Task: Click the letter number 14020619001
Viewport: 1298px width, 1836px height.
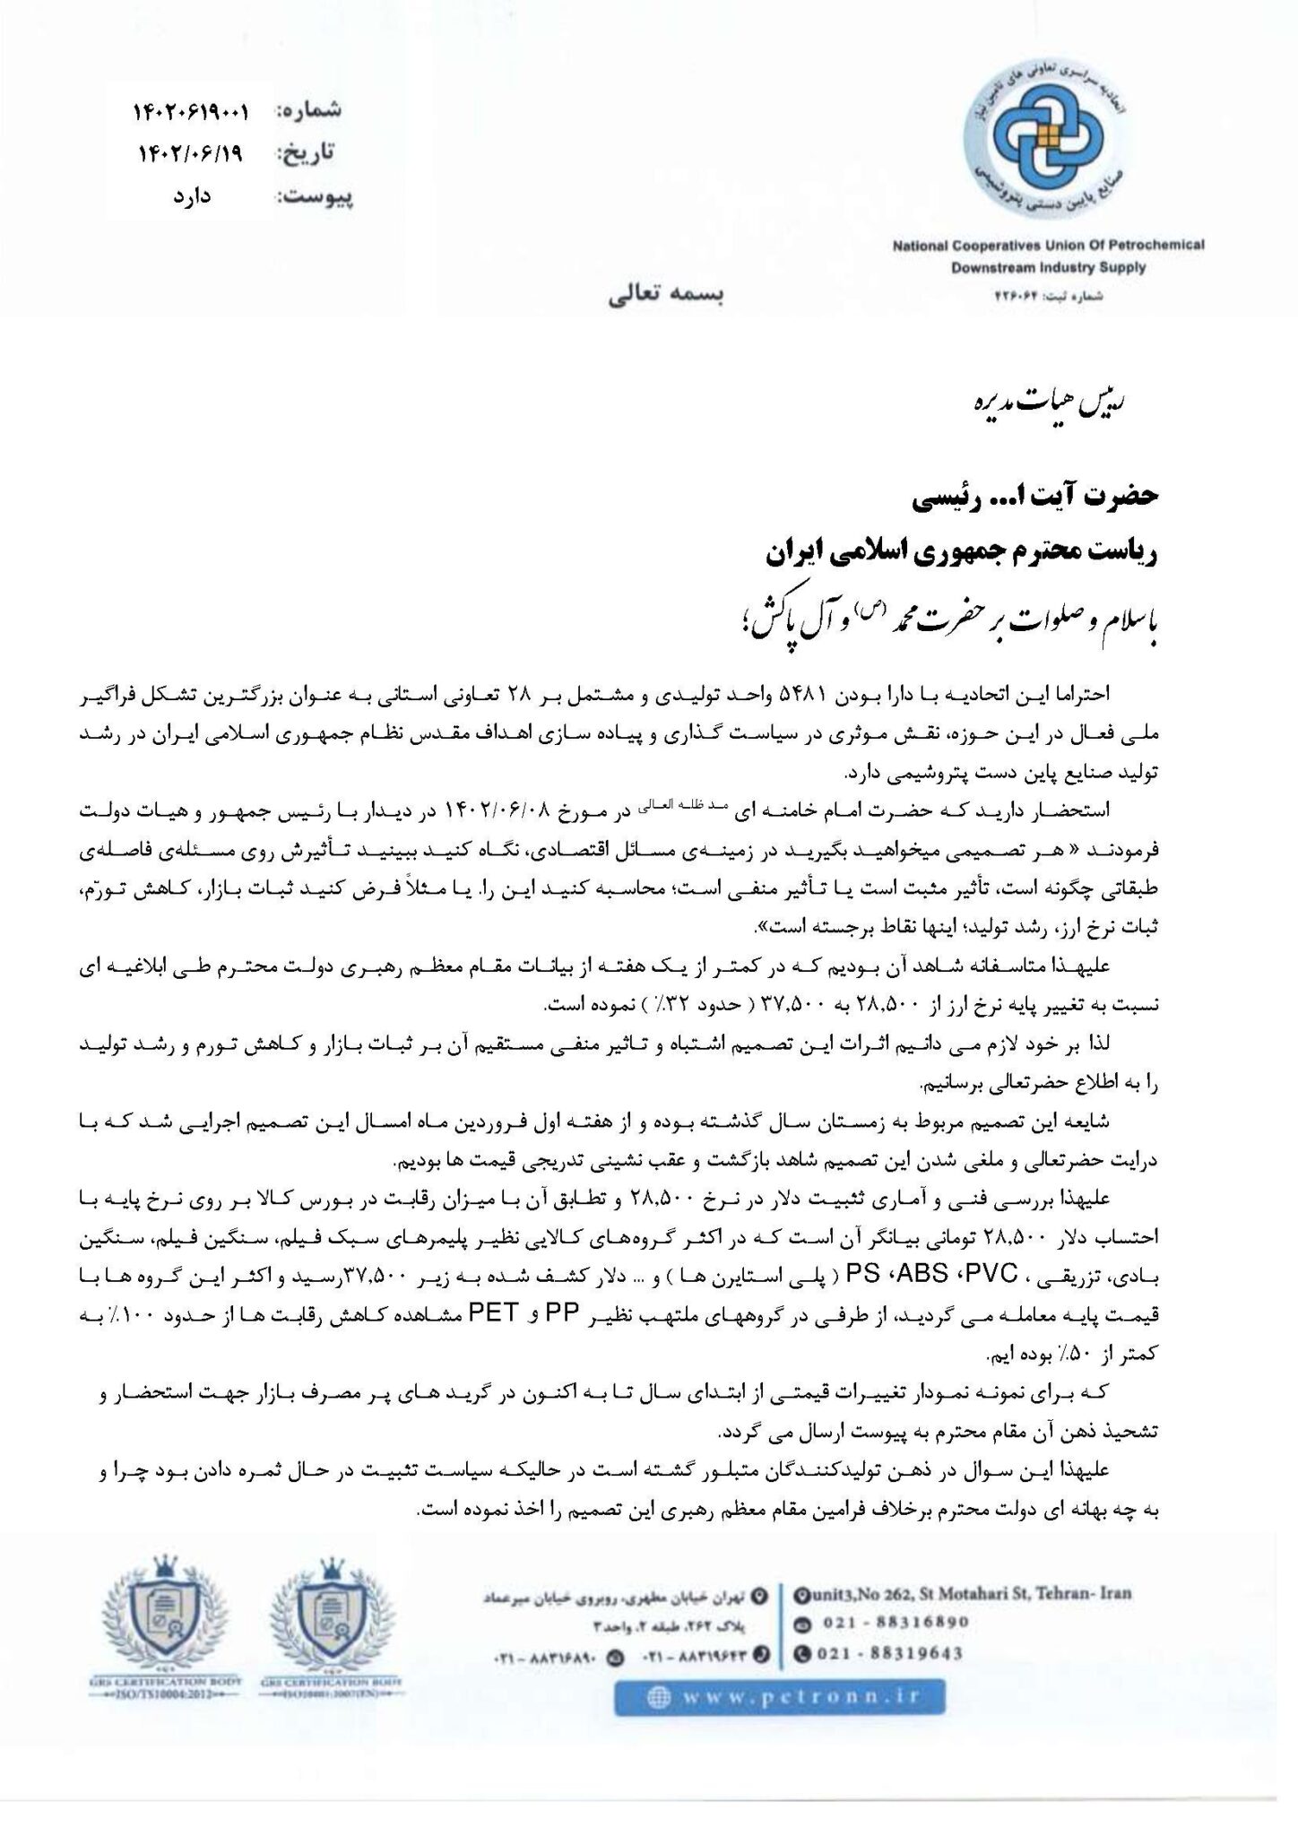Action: [192, 111]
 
